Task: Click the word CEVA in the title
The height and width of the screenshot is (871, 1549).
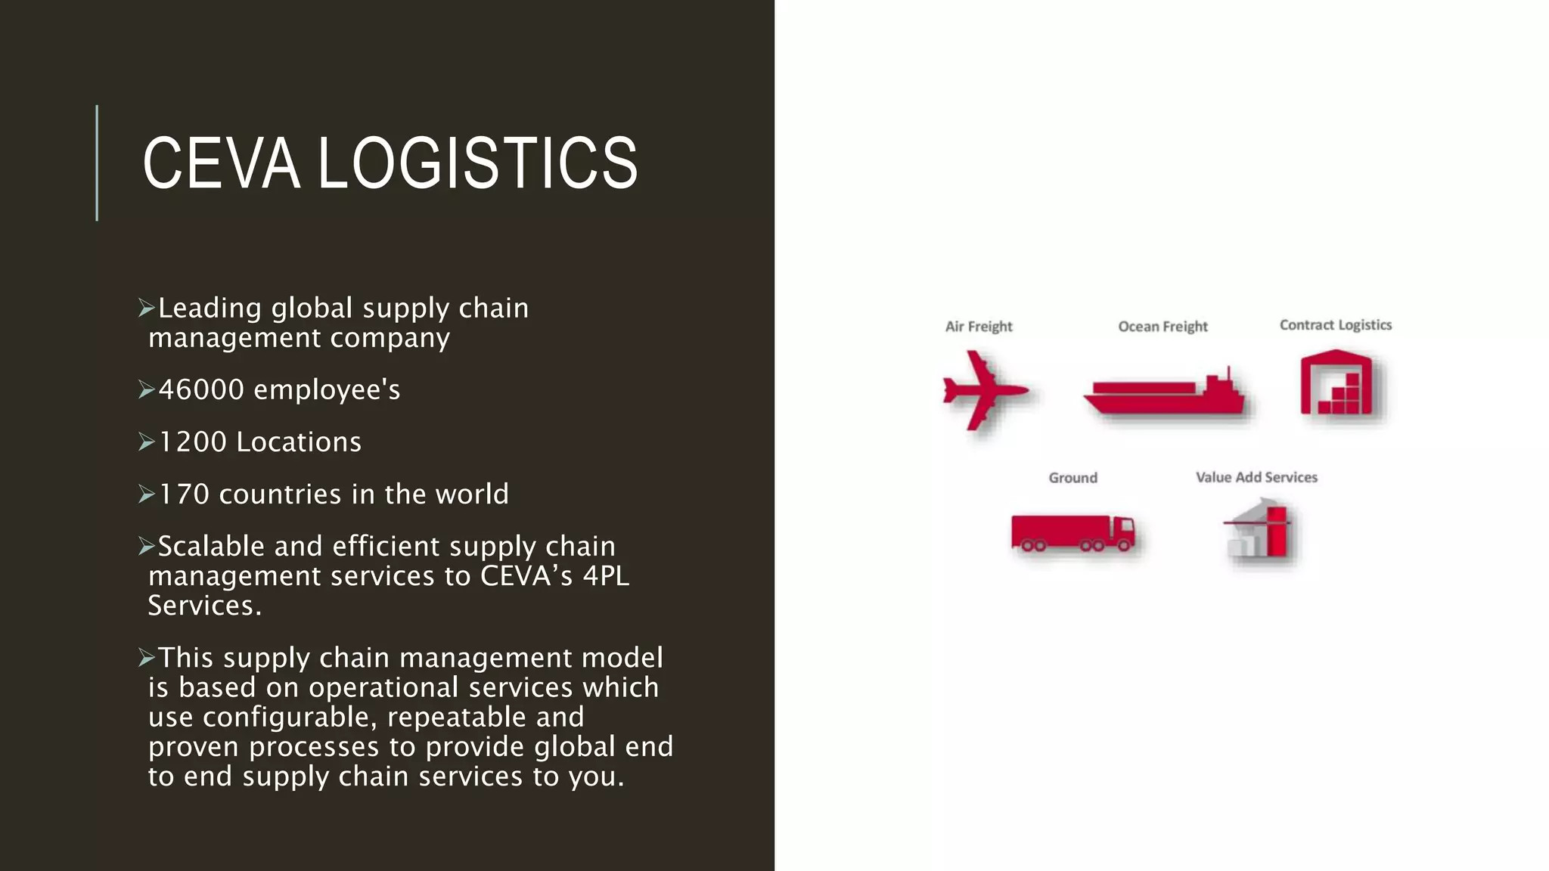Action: click(221, 163)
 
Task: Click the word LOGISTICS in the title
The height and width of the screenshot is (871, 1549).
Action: click(477, 163)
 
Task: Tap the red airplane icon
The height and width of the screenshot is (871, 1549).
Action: click(983, 390)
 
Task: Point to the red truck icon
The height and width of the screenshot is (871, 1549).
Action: click(1073, 533)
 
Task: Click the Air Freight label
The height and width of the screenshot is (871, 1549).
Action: click(979, 327)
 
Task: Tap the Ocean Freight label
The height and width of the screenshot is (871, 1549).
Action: click(1163, 327)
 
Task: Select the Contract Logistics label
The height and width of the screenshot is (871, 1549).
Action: click(1335, 325)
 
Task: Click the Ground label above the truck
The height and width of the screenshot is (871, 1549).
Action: click(1073, 478)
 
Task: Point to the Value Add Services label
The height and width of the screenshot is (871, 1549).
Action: click(1256, 478)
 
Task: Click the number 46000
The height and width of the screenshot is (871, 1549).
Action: click(201, 390)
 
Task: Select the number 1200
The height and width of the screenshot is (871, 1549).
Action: click(192, 442)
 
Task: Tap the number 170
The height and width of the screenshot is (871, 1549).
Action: click(184, 494)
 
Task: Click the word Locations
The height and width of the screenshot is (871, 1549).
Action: click(299, 442)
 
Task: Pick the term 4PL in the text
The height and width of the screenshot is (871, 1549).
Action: click(606, 576)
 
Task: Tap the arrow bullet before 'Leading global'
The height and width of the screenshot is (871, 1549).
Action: click(147, 308)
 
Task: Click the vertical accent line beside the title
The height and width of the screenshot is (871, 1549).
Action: click(97, 163)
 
